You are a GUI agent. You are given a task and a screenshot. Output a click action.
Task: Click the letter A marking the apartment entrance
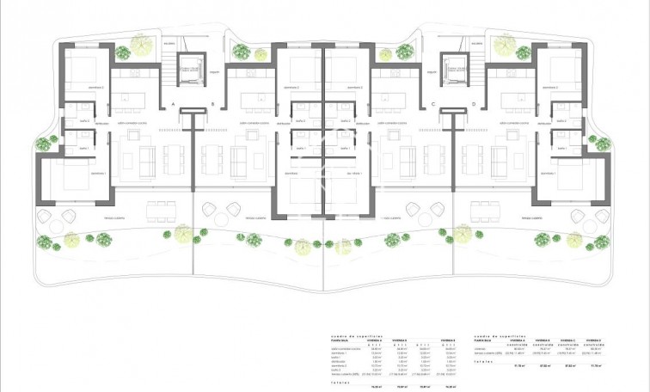coord(174,104)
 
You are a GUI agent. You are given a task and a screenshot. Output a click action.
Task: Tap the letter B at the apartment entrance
coord(212,104)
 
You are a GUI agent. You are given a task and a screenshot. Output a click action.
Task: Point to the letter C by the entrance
coord(433,104)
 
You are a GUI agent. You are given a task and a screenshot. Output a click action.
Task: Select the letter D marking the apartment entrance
coord(473,104)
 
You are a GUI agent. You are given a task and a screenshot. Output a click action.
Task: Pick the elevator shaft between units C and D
coord(453,68)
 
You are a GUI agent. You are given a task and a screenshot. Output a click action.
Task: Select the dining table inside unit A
coord(174,158)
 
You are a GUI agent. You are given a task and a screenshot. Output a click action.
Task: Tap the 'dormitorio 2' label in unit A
coord(77,87)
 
